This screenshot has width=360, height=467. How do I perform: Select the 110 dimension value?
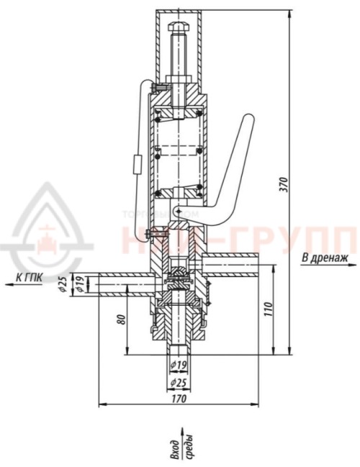pos(267,310)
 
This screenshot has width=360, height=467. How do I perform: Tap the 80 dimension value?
pos(121,317)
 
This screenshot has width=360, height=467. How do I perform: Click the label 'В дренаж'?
pos(325,257)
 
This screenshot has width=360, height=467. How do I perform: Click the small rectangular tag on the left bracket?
pos(137,165)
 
